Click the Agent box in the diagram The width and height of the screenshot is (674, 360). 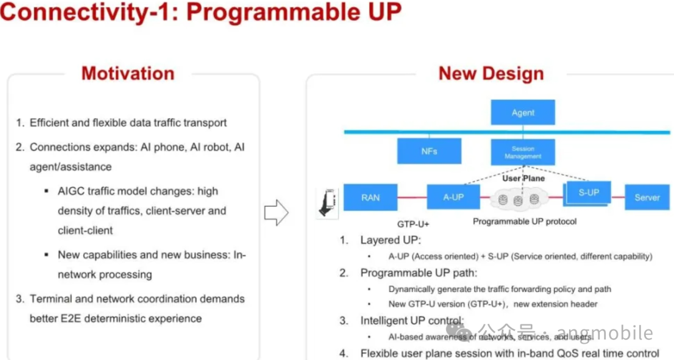tap(522, 113)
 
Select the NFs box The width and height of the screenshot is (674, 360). tap(429, 151)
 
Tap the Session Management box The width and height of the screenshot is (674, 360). tap(522, 152)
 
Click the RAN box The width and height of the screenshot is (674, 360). tap(370, 197)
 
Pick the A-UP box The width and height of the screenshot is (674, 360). tap(453, 197)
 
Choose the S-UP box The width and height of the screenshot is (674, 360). tap(588, 193)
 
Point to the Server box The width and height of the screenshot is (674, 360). tap(647, 197)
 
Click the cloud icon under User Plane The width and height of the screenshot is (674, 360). tap(519, 199)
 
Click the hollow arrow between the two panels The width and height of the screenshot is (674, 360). tap(276, 213)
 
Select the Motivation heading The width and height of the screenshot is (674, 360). tap(128, 74)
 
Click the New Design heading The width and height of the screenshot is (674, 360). tap(491, 74)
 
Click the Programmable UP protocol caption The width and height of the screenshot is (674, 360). tap(524, 221)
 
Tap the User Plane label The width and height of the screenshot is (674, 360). tap(523, 178)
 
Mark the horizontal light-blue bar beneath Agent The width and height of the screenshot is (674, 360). tap(437, 132)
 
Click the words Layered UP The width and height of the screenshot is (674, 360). tap(391, 240)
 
